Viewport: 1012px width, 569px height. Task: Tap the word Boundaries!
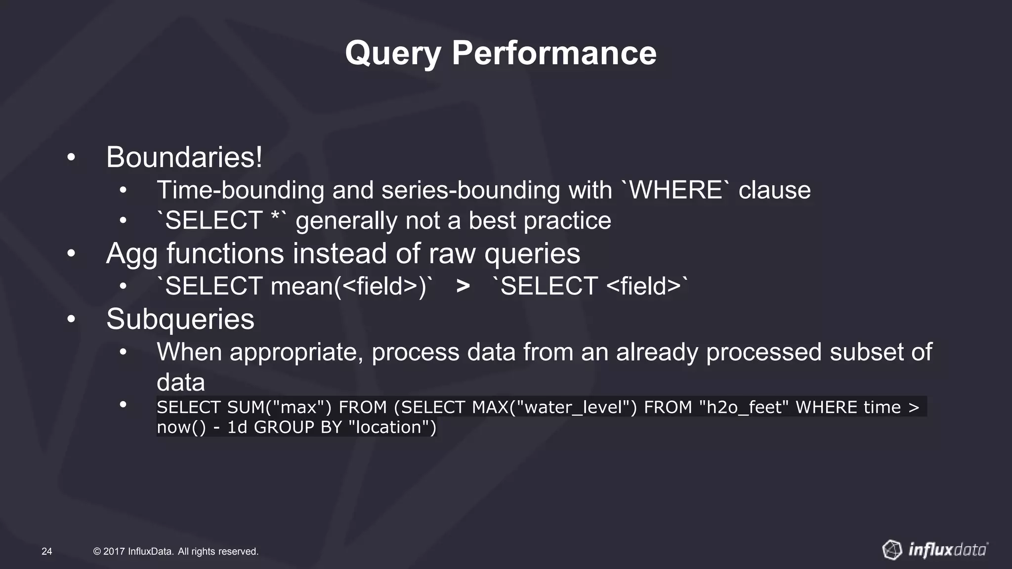pos(184,157)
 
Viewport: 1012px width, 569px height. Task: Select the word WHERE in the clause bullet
pos(675,190)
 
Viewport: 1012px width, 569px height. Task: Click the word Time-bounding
pos(240,191)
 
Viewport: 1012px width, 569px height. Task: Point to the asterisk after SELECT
pos(276,217)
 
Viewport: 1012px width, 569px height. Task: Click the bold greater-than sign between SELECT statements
pos(463,286)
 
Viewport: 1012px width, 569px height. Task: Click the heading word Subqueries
pos(180,319)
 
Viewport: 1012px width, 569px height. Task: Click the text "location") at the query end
pos(392,427)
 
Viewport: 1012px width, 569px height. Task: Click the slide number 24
pos(47,551)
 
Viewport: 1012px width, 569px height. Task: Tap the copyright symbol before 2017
pos(97,551)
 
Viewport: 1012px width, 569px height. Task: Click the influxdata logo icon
pos(892,550)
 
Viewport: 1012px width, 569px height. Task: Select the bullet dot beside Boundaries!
pos(72,158)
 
